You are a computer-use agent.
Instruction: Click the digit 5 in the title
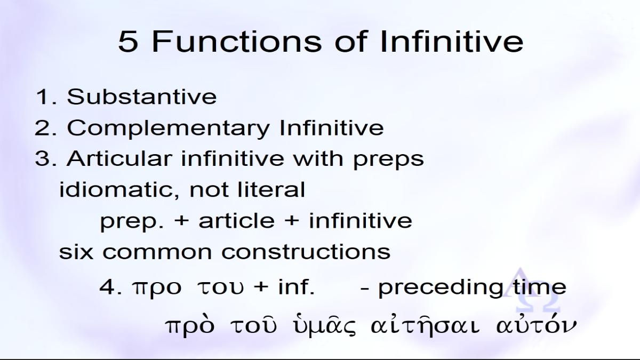point(128,42)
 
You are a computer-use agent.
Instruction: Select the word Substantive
point(142,97)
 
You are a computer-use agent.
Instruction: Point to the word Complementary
point(169,128)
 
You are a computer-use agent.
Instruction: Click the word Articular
point(119,158)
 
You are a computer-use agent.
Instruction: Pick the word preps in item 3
point(389,160)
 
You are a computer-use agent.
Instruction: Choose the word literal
point(271,189)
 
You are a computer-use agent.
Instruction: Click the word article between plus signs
point(237,221)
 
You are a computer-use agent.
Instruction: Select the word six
point(76,251)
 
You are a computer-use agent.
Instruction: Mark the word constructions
point(306,252)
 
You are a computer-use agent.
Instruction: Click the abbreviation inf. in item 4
point(297,286)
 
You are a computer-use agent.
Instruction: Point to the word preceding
point(441,288)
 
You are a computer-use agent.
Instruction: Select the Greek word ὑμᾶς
point(325,326)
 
